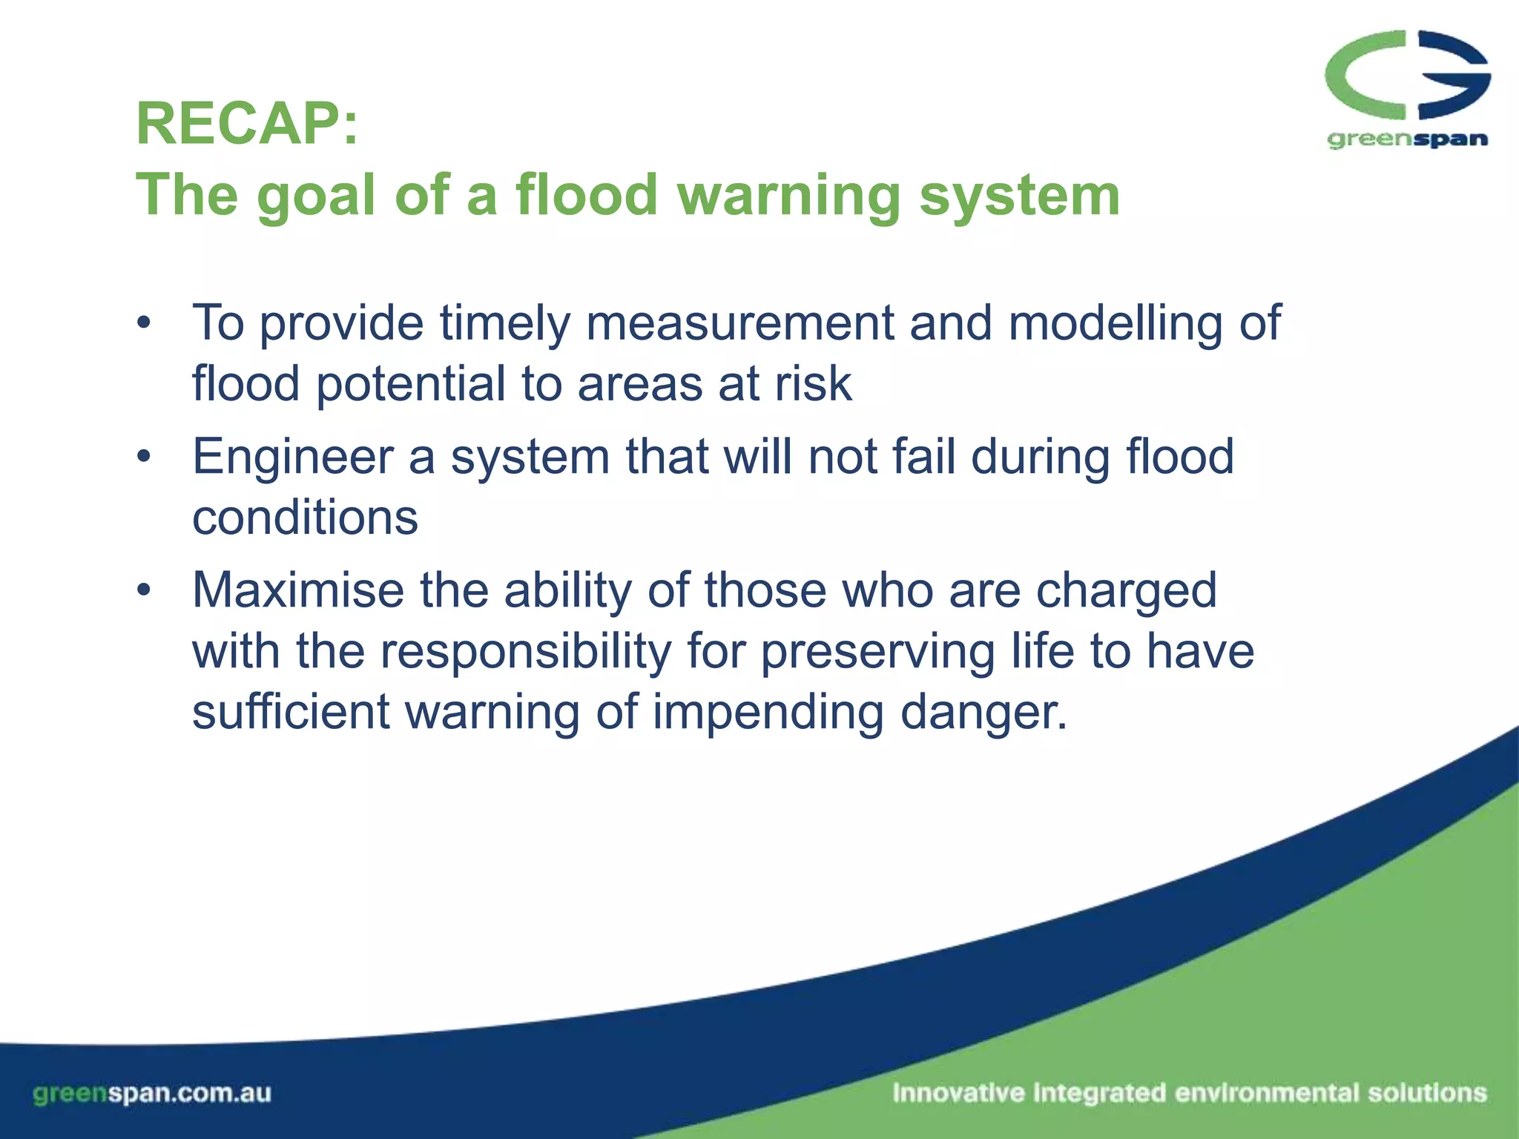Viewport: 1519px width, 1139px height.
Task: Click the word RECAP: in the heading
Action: (x=247, y=124)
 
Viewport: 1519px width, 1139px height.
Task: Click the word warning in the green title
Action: (x=788, y=195)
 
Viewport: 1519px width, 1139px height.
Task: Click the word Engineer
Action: (x=292, y=458)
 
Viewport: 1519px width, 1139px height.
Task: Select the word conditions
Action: (x=305, y=517)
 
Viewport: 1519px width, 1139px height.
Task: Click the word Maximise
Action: (x=299, y=590)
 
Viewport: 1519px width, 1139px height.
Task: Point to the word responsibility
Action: (x=526, y=652)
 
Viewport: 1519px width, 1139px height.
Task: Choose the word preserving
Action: (x=878, y=652)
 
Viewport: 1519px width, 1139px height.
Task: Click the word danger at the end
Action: (x=983, y=713)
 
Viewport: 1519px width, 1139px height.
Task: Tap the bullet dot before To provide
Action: (x=144, y=323)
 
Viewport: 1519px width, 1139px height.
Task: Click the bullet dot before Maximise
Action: (x=144, y=590)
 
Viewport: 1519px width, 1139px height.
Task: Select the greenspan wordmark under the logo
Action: (x=1407, y=139)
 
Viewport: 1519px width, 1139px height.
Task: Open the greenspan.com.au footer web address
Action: (x=152, y=1093)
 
